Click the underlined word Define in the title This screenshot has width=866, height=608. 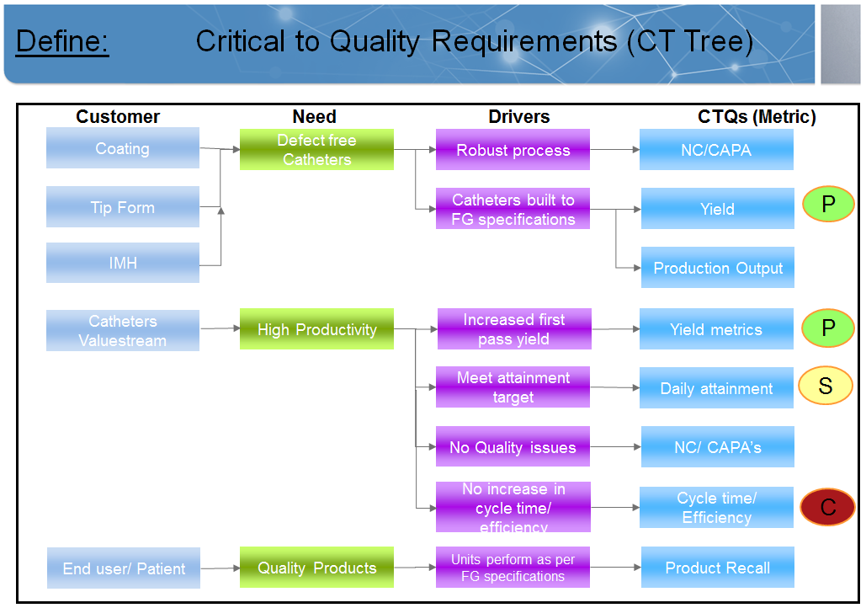[62, 40]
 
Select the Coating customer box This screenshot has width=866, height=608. [123, 148]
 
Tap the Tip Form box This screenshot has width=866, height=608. [123, 207]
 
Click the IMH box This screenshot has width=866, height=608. [123, 263]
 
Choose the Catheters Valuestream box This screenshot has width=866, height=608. [123, 330]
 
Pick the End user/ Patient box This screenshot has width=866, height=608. [124, 568]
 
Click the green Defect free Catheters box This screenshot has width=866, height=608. [316, 150]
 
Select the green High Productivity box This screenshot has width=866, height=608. [316, 329]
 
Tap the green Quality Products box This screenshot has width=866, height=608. [316, 568]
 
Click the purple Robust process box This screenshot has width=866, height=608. [513, 150]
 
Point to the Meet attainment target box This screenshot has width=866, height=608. [513, 387]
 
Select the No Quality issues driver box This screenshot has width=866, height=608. [513, 447]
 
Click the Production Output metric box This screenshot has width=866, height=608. [718, 268]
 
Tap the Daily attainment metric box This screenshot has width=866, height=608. [716, 388]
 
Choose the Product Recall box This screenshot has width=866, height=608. [718, 568]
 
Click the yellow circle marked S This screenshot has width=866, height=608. [826, 386]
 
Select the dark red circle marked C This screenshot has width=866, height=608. [827, 507]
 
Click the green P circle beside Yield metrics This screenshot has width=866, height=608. [827, 328]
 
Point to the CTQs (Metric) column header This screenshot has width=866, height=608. [757, 117]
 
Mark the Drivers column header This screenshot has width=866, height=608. [519, 117]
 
